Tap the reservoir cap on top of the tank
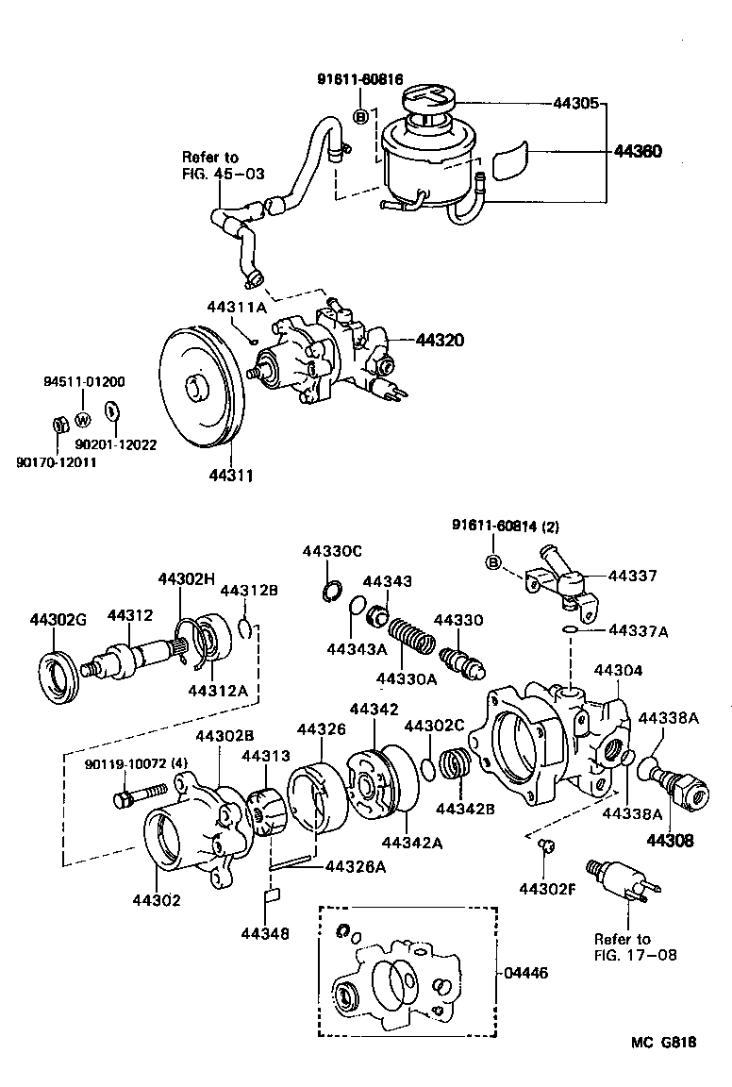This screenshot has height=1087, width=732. [x=429, y=97]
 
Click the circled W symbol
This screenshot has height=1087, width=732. [x=83, y=419]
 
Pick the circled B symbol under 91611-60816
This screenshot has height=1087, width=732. [x=361, y=117]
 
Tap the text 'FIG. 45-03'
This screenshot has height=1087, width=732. [x=224, y=175]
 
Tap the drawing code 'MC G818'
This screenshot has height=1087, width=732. [x=664, y=1043]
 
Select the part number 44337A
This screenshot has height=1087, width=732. [x=638, y=630]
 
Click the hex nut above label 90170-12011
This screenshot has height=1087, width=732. [x=57, y=425]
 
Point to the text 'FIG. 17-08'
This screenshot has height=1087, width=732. [x=623, y=955]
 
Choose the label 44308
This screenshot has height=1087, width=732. [x=670, y=839]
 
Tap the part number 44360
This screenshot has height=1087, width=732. [x=639, y=151]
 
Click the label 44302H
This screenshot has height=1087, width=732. [x=187, y=578]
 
